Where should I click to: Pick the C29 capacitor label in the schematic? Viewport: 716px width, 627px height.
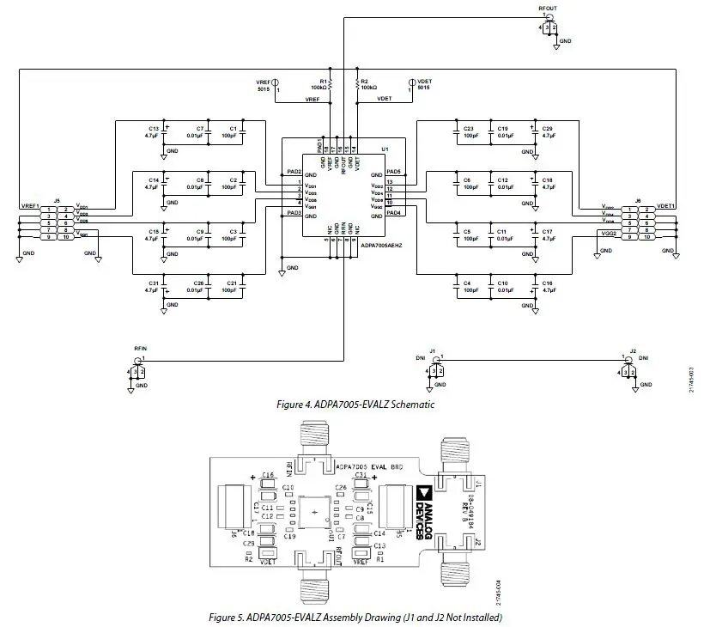coord(547,127)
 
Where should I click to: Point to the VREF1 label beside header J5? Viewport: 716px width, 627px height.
coord(29,206)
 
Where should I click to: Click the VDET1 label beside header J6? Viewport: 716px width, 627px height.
coord(666,206)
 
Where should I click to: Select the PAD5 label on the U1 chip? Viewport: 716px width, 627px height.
coord(394,173)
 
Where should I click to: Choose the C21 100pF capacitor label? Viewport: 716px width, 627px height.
coord(231,283)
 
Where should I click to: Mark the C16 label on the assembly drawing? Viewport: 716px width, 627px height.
coord(267,475)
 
